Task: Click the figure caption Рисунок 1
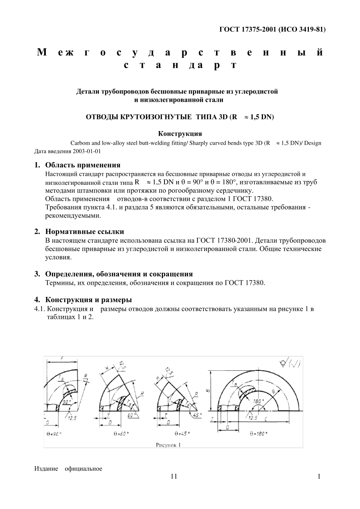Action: pyautogui.click(x=168, y=445)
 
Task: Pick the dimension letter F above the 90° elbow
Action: pyautogui.click(x=62, y=358)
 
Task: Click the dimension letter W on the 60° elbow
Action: pyautogui.click(x=107, y=368)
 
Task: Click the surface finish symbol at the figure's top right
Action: pyautogui.click(x=290, y=364)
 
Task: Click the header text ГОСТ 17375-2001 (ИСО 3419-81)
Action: pyautogui.click(x=272, y=30)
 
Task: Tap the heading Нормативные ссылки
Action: pyautogui.click(x=85, y=232)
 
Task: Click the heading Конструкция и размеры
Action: pyautogui.click(x=88, y=300)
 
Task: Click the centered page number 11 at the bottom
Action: pyautogui.click(x=174, y=476)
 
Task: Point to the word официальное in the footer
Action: pyautogui.click(x=83, y=469)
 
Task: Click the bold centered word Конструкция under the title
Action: pyautogui.click(x=180, y=134)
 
